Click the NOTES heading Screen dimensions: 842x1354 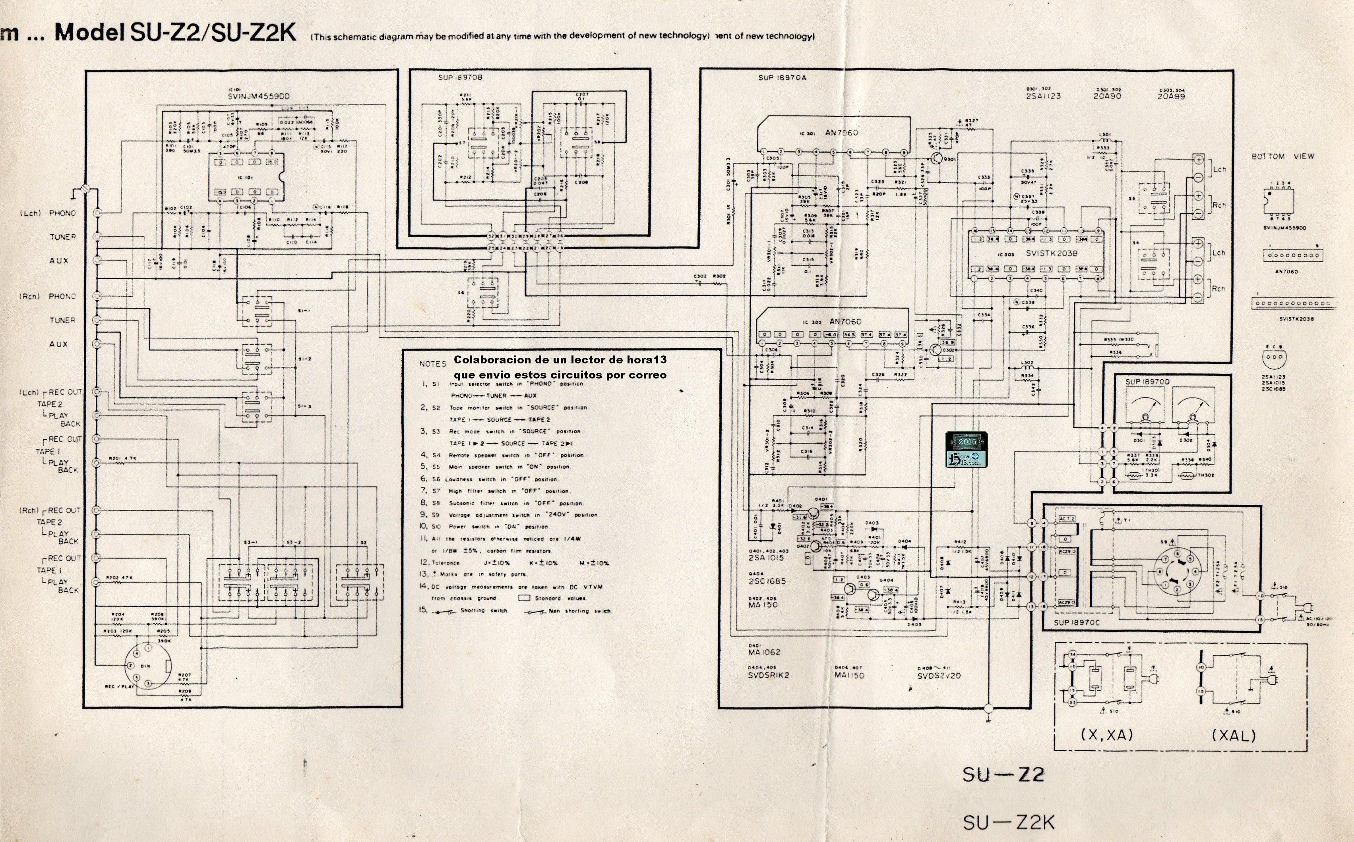tap(432, 364)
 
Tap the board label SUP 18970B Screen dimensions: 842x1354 tap(460, 78)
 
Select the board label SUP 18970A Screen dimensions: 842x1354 tap(782, 78)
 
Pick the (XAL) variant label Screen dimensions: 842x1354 tap(1234, 735)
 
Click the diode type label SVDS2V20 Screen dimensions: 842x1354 tap(939, 676)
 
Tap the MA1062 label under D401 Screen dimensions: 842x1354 tap(765, 652)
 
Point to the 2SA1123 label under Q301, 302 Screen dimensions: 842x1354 tap(1042, 96)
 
